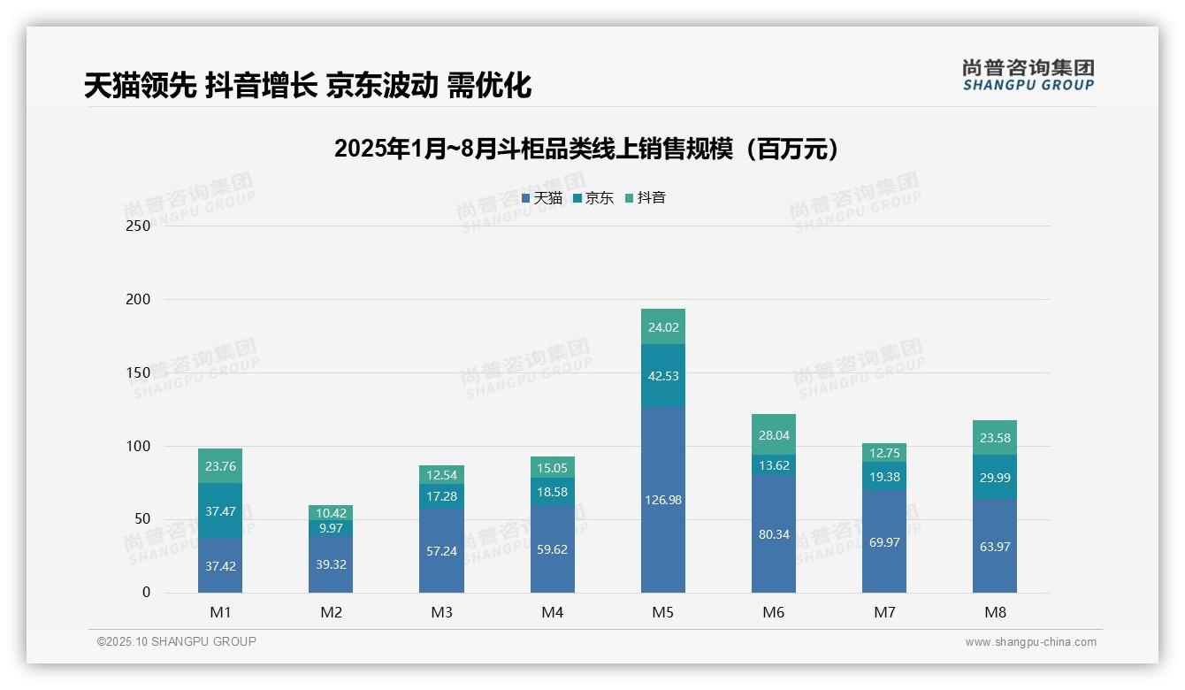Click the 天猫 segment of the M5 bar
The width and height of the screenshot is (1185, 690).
point(662,501)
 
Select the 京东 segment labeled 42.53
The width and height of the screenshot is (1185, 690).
point(662,375)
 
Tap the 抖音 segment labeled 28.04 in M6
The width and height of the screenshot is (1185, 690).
point(773,434)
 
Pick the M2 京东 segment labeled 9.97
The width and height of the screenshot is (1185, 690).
point(331,528)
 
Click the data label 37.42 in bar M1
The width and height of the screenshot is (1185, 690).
point(220,566)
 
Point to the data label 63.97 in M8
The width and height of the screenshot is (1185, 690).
point(995,547)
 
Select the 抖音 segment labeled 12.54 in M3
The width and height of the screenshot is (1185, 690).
point(441,474)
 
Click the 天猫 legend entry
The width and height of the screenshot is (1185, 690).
point(541,198)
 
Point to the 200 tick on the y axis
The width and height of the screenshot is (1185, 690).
point(139,299)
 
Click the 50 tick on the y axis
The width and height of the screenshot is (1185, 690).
point(142,519)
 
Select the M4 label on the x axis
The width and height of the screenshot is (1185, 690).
point(552,613)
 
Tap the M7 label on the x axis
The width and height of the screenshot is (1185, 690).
point(883,613)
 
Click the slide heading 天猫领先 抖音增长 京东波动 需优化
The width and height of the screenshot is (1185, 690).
point(308,86)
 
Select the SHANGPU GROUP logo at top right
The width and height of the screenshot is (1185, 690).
point(1028,75)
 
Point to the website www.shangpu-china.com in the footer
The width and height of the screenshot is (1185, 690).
point(1030,642)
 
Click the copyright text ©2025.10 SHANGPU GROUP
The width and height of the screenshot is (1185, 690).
point(176,642)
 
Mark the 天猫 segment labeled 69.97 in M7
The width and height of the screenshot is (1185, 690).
point(883,541)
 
